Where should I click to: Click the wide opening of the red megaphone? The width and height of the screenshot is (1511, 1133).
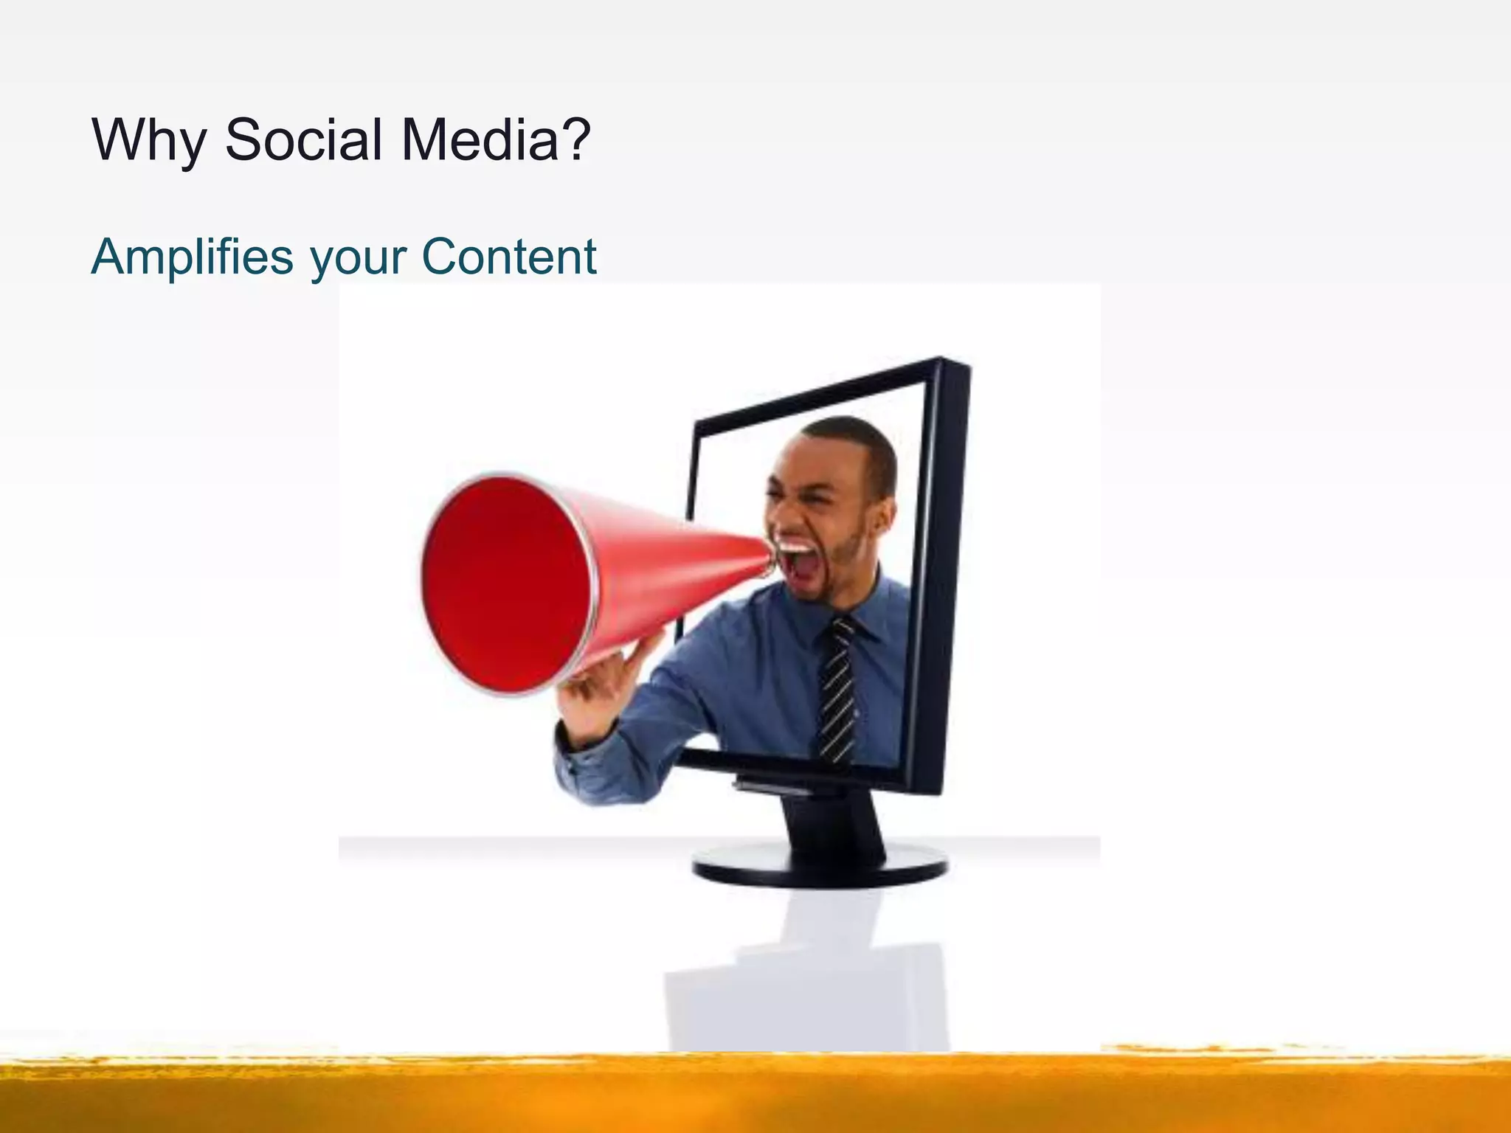click(x=506, y=584)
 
